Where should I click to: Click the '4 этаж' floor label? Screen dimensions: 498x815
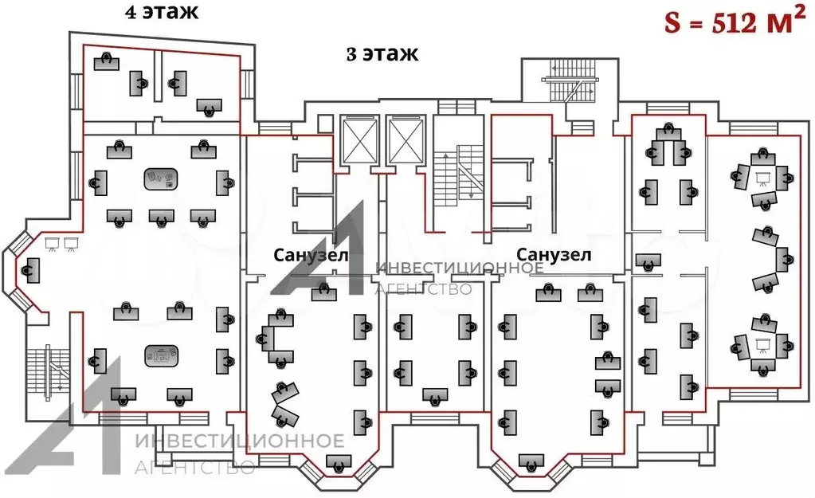[161, 13]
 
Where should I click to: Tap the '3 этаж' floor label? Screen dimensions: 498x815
[382, 54]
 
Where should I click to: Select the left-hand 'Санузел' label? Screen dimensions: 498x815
[312, 256]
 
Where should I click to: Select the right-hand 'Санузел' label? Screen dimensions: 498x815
[554, 255]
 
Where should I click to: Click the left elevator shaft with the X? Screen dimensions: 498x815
[356, 142]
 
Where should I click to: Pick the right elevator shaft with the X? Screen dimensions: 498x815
[405, 142]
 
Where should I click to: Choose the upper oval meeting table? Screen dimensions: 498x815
[161, 179]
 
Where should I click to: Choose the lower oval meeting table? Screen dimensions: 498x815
[161, 355]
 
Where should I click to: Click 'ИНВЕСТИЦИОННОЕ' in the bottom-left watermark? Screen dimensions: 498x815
[240, 441]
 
